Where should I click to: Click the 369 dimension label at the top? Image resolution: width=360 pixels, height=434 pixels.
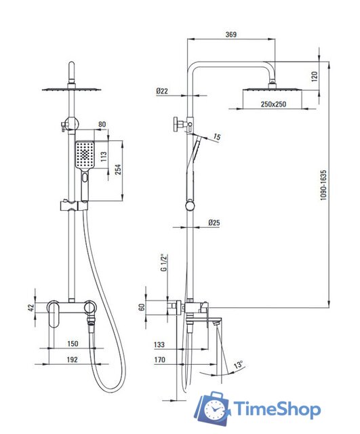(x=231, y=35)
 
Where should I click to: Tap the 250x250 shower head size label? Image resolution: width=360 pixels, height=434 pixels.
(x=273, y=104)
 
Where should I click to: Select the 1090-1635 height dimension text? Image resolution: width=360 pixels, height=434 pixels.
(x=323, y=185)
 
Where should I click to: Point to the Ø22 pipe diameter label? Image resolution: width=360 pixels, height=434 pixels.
(x=162, y=91)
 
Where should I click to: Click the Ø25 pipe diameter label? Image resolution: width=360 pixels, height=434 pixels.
(x=214, y=222)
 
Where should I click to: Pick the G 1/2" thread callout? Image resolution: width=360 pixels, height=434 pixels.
(x=164, y=262)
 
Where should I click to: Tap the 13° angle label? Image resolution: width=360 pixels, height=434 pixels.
(x=239, y=364)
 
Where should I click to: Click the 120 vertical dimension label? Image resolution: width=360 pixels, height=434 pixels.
(x=315, y=76)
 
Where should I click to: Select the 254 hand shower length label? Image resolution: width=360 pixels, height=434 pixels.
(x=118, y=170)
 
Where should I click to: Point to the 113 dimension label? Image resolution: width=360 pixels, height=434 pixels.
(x=104, y=157)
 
